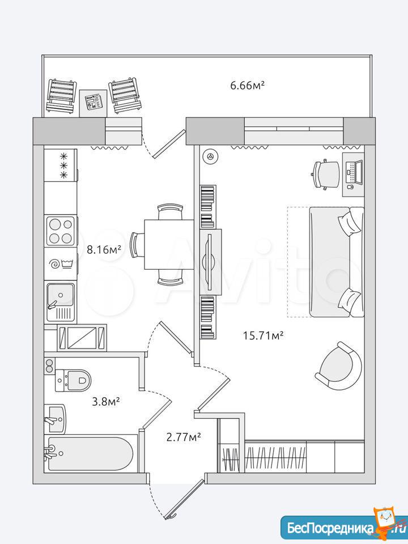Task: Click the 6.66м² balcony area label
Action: click(x=248, y=85)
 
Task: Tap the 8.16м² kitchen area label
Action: click(x=104, y=249)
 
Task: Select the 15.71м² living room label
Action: click(x=263, y=335)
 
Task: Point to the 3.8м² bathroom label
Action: click(x=106, y=402)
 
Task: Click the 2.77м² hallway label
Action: click(x=184, y=437)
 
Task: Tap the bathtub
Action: click(x=90, y=453)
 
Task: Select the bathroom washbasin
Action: click(x=56, y=419)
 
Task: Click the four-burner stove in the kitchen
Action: click(x=61, y=231)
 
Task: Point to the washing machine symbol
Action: click(x=61, y=264)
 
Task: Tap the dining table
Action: click(x=169, y=244)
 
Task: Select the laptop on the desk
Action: click(x=355, y=172)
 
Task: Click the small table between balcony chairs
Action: click(x=93, y=103)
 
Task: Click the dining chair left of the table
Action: click(x=137, y=245)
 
